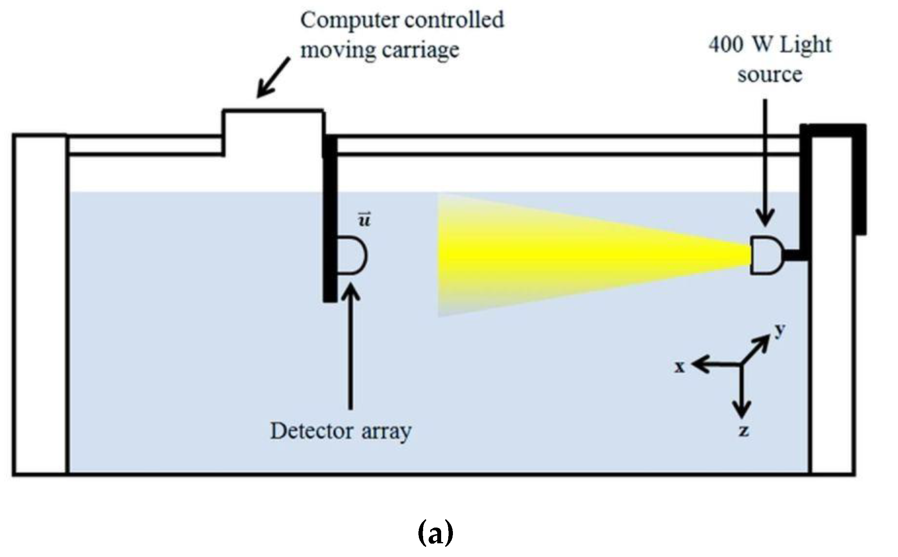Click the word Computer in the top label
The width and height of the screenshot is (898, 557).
coord(345,20)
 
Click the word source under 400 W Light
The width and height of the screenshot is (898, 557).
coord(769,75)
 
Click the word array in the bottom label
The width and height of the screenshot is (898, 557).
coord(386,432)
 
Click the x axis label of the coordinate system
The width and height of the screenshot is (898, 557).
coord(680,367)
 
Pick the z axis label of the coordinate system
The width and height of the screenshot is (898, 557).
coord(743,431)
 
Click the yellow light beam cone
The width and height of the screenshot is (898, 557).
coord(569,255)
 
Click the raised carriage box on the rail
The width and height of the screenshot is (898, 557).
coord(273,131)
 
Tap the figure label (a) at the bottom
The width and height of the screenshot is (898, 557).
coord(436,533)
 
